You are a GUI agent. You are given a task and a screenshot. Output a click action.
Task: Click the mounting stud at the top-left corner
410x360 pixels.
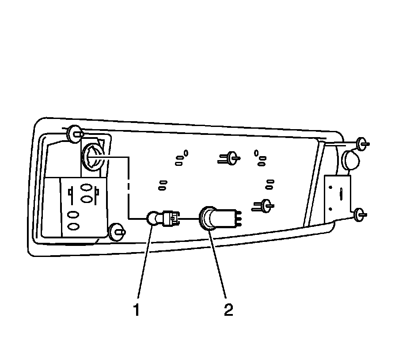click(x=74, y=134)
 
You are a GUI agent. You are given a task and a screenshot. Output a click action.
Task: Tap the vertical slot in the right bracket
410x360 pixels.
click(x=341, y=193)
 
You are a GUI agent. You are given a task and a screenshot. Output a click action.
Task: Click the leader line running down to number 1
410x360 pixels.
click(x=144, y=265)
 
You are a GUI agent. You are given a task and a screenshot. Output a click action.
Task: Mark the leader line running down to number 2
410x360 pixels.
click(x=219, y=265)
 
